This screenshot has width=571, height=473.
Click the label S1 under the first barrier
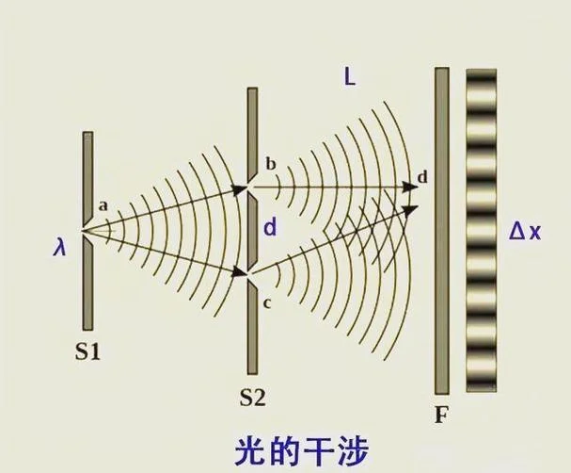click(87, 352)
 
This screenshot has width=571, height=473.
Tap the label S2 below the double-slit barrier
click(252, 397)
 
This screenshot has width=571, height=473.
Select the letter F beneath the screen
click(441, 415)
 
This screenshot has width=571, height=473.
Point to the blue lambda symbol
click(59, 248)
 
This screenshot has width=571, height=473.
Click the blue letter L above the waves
click(350, 77)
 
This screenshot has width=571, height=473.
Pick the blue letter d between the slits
click(270, 228)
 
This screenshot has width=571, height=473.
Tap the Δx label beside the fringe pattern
click(525, 232)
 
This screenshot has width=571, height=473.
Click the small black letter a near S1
click(103, 206)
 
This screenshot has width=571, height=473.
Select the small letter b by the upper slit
click(271, 164)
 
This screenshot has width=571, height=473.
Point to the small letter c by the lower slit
click(267, 303)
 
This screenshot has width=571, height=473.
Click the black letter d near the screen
click(422, 177)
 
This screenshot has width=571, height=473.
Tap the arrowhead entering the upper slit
click(239, 189)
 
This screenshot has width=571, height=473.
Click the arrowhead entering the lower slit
click(239, 271)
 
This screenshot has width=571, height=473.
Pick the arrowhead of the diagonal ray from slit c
click(411, 210)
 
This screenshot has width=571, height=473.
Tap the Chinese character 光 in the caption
click(249, 451)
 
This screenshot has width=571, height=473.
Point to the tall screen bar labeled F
click(442, 231)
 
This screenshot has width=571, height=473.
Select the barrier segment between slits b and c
click(252, 231)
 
